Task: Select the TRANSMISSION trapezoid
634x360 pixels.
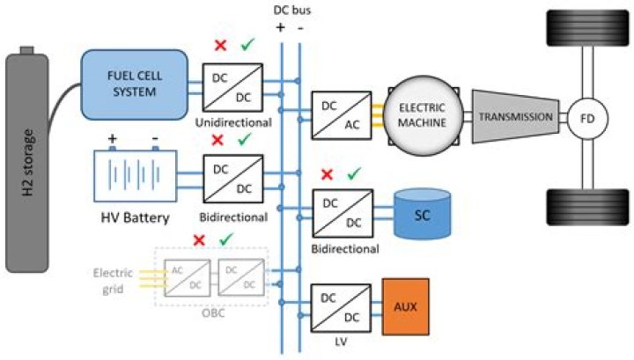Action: pos(519,117)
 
